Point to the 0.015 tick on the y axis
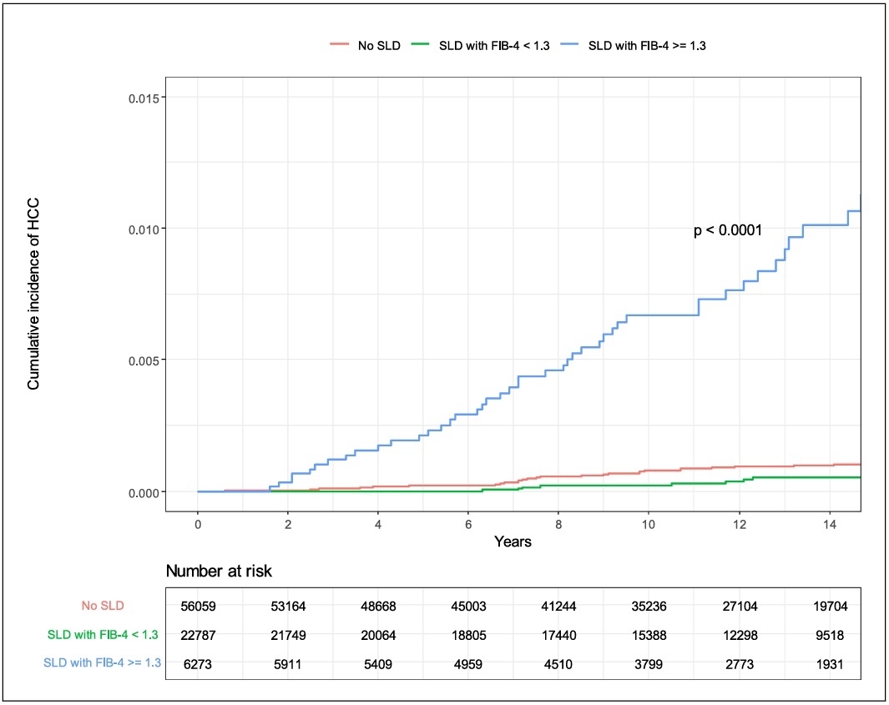147,97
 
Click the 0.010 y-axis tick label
147,229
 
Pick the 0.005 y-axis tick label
147,360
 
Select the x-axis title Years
513,541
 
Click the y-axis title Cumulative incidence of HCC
34,295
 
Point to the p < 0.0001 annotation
728,230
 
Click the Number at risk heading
219,572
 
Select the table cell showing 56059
198,607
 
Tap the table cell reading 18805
468,636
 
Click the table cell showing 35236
649,607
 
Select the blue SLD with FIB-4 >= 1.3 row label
102,663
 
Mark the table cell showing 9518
829,636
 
